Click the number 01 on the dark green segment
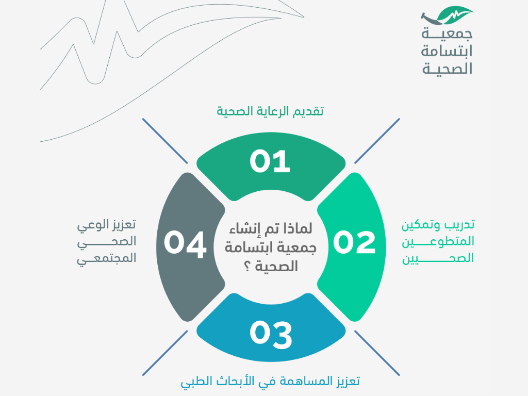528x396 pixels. (x=270, y=161)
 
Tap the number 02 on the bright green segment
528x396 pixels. (x=354, y=242)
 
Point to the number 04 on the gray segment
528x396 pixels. (x=185, y=244)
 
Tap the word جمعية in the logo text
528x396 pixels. (x=447, y=34)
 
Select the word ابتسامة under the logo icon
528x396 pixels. (x=447, y=51)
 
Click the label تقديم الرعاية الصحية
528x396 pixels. (x=270, y=111)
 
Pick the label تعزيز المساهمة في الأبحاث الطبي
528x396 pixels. (x=270, y=382)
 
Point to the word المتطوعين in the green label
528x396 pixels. (x=438, y=241)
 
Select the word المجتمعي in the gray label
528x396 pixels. (x=106, y=259)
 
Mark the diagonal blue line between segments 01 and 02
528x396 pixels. (x=377, y=141)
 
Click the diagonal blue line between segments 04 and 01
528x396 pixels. (x=165, y=141)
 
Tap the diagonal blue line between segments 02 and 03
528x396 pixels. (x=377, y=353)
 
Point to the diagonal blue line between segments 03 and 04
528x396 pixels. (x=165, y=353)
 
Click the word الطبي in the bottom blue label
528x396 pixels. (x=194, y=382)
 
